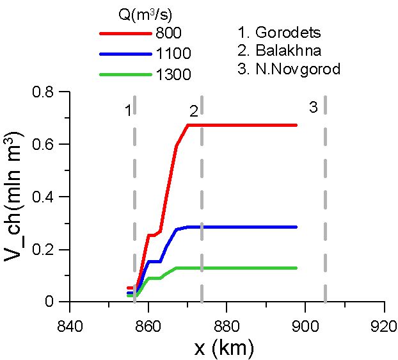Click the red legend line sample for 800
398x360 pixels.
(x=125, y=33)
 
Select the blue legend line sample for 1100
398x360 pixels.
(x=125, y=54)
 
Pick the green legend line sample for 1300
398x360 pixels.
(x=125, y=75)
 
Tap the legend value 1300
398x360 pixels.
(x=173, y=75)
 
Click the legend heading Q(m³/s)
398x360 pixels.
(x=145, y=15)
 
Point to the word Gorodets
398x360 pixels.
(x=288, y=33)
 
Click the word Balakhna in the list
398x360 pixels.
(x=288, y=51)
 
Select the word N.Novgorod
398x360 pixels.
(x=298, y=69)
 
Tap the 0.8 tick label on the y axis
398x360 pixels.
(x=43, y=92)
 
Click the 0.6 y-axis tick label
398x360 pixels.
(x=43, y=144)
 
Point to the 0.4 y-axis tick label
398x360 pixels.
(x=43, y=197)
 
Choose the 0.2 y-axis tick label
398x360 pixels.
(x=43, y=249)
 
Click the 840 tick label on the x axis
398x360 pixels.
(x=70, y=326)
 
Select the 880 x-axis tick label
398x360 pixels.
(x=227, y=326)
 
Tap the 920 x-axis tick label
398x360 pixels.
(x=383, y=326)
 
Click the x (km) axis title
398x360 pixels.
(x=224, y=348)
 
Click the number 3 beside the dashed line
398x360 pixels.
(x=314, y=107)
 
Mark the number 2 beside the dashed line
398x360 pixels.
(x=194, y=111)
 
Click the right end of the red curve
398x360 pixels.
(x=296, y=126)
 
